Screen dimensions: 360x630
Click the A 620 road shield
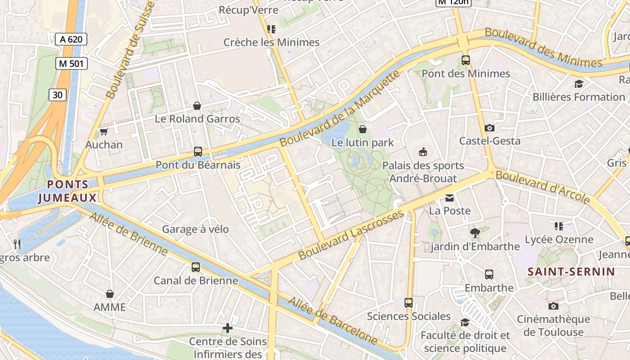[x=71, y=39]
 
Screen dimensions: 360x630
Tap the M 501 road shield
[x=71, y=63]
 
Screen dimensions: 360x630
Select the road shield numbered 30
[x=57, y=94]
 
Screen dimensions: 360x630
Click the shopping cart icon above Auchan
[x=104, y=132]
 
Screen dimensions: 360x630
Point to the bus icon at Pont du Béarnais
[x=198, y=152]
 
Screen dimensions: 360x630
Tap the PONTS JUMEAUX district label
[x=67, y=191]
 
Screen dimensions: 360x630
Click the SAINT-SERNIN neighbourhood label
[x=571, y=271]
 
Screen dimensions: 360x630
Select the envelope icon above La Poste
[x=450, y=198]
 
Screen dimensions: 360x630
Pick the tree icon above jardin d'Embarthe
[x=474, y=233]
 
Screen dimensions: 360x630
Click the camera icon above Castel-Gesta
[x=490, y=128]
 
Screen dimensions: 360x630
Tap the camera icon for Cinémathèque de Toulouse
[x=553, y=306]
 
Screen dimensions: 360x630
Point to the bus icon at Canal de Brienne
[x=196, y=267]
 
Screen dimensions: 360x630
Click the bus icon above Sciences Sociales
[x=409, y=303]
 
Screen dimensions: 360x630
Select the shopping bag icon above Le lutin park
[x=363, y=130]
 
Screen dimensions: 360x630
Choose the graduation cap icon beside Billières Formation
[x=579, y=84]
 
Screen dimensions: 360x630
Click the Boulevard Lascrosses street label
[x=351, y=234]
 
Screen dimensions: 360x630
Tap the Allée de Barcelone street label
[x=333, y=320]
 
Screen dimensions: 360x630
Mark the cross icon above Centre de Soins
[x=228, y=328]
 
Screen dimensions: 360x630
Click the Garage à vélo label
[x=195, y=229]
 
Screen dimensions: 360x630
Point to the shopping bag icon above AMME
[x=110, y=294]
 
